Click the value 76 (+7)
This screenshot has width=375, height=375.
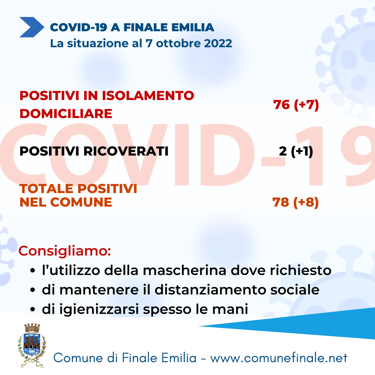tap(296, 105)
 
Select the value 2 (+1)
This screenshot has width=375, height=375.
tap(296, 151)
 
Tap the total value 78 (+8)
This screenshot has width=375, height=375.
tap(295, 202)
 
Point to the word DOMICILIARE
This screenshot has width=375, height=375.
tap(66, 114)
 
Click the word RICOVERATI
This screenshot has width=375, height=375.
tap(126, 151)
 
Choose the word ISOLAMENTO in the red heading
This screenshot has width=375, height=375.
tap(148, 96)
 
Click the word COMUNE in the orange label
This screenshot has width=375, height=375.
tap(81, 202)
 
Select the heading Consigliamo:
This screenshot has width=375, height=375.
tap(65, 251)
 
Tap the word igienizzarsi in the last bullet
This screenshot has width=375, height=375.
tap(99, 309)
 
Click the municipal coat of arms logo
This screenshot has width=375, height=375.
tap(32, 345)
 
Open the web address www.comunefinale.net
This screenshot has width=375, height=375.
tap(278, 358)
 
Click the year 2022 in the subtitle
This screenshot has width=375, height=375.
tap(218, 43)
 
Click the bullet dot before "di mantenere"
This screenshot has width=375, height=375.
tap(33, 290)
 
